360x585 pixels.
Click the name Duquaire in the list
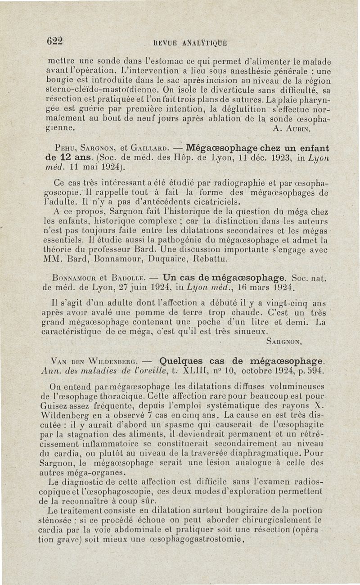(x=180, y=259)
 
